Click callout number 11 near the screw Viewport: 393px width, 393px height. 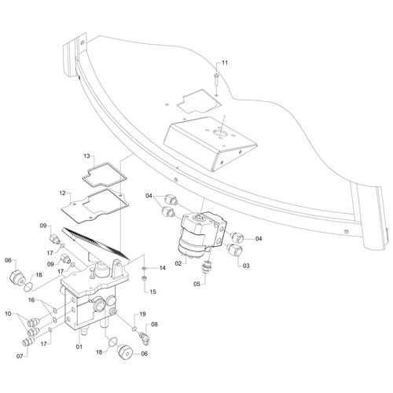(225, 63)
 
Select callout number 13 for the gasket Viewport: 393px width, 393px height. (86, 156)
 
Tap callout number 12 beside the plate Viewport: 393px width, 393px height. (62, 193)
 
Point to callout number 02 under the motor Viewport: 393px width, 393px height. (178, 263)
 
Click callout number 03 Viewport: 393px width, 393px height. (246, 266)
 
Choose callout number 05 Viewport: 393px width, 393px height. (196, 284)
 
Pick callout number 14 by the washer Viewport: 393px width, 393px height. (163, 268)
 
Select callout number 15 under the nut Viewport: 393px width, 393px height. (152, 292)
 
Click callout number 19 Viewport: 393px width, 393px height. (142, 314)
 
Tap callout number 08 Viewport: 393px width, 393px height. (154, 325)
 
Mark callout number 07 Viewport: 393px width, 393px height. (20, 356)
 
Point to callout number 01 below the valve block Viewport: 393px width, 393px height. (79, 347)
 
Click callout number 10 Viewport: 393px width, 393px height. (9, 314)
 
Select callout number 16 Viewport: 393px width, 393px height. (31, 300)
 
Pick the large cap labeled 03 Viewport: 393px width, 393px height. (233, 249)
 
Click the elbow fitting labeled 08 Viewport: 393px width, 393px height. (144, 337)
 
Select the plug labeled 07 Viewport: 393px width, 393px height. (28, 342)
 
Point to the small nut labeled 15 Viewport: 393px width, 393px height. (145, 279)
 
